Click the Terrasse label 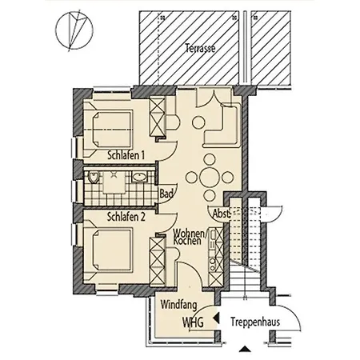(x=200, y=48)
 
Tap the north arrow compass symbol (x=74, y=30)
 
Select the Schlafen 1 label (x=126, y=155)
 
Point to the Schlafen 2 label (x=126, y=217)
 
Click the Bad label (x=166, y=194)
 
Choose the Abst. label (x=221, y=214)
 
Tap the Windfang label (x=178, y=305)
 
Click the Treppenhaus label (x=255, y=322)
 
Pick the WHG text (x=193, y=322)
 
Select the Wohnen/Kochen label (x=190, y=237)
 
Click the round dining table (x=210, y=177)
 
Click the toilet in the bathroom (x=93, y=177)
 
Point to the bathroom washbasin (x=139, y=177)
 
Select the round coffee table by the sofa (x=198, y=122)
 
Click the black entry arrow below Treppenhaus (x=245, y=349)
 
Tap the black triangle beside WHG (x=216, y=318)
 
